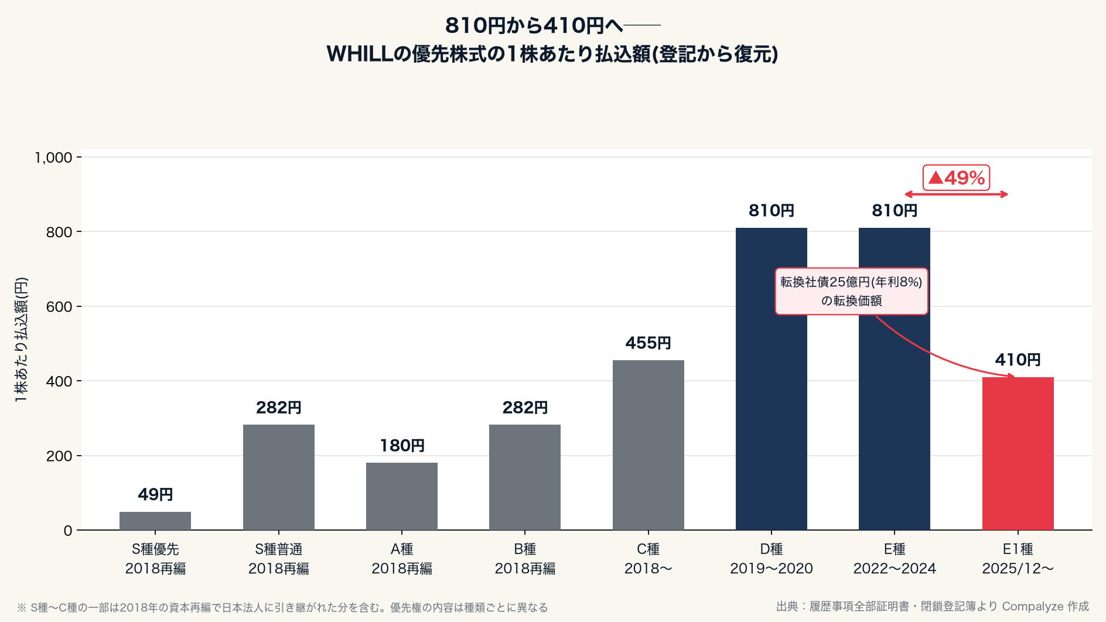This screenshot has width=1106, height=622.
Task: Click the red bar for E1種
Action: click(1018, 453)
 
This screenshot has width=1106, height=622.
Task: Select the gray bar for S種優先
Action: click(155, 521)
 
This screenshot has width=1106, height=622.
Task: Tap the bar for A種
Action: click(402, 496)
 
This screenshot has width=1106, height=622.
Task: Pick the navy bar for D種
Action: click(772, 379)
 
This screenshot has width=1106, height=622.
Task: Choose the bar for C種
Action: click(648, 445)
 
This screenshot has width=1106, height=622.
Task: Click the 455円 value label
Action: click(648, 343)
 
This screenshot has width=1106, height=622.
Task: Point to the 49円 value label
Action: click(155, 494)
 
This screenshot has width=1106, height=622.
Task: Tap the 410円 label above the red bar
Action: click(1018, 360)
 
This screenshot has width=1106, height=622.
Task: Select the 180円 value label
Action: click(402, 445)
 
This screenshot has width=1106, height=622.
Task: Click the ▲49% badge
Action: click(957, 177)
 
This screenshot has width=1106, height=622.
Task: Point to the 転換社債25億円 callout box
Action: click(851, 291)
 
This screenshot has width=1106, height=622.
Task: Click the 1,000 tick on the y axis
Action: click(53, 158)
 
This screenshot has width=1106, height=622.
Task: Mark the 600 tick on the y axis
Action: click(59, 307)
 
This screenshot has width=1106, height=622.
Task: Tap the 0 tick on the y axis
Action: click(68, 531)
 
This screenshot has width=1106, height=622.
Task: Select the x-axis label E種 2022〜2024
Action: click(895, 559)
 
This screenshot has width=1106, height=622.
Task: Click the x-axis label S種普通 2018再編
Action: click(279, 559)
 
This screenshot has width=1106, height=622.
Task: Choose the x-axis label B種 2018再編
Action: click(525, 559)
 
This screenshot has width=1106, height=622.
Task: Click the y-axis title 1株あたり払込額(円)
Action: click(21, 339)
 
